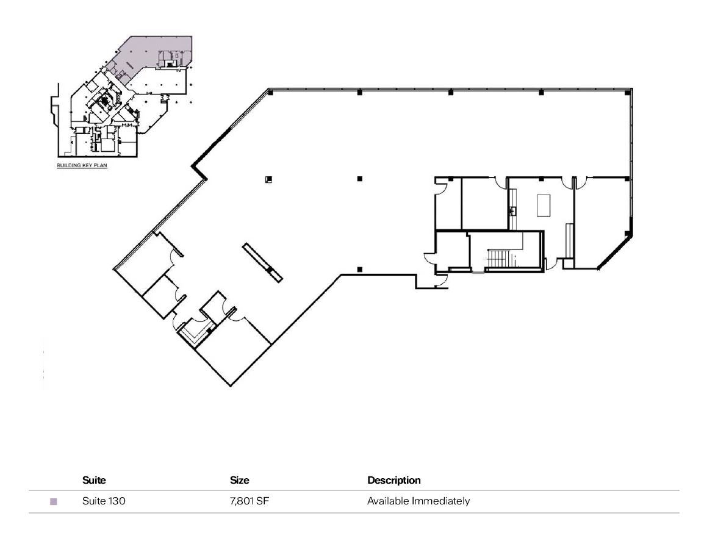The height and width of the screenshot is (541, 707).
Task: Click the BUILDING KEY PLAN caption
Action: tap(82, 165)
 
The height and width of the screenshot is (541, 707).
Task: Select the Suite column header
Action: tap(94, 480)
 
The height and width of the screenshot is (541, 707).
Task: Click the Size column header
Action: tap(239, 480)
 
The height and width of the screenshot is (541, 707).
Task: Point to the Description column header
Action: tap(393, 480)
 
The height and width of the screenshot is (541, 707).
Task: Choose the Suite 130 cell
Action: tap(104, 501)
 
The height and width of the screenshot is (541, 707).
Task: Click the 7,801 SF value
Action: tap(249, 501)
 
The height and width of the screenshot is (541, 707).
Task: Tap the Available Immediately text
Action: tap(418, 501)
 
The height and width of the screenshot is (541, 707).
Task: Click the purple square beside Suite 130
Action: tap(54, 502)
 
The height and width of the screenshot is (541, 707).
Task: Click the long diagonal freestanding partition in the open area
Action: tap(262, 262)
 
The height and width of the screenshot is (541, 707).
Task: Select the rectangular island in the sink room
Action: tap(544, 204)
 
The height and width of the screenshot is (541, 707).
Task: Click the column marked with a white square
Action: tap(268, 179)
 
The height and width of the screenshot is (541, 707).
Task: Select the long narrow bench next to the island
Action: tap(570, 240)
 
